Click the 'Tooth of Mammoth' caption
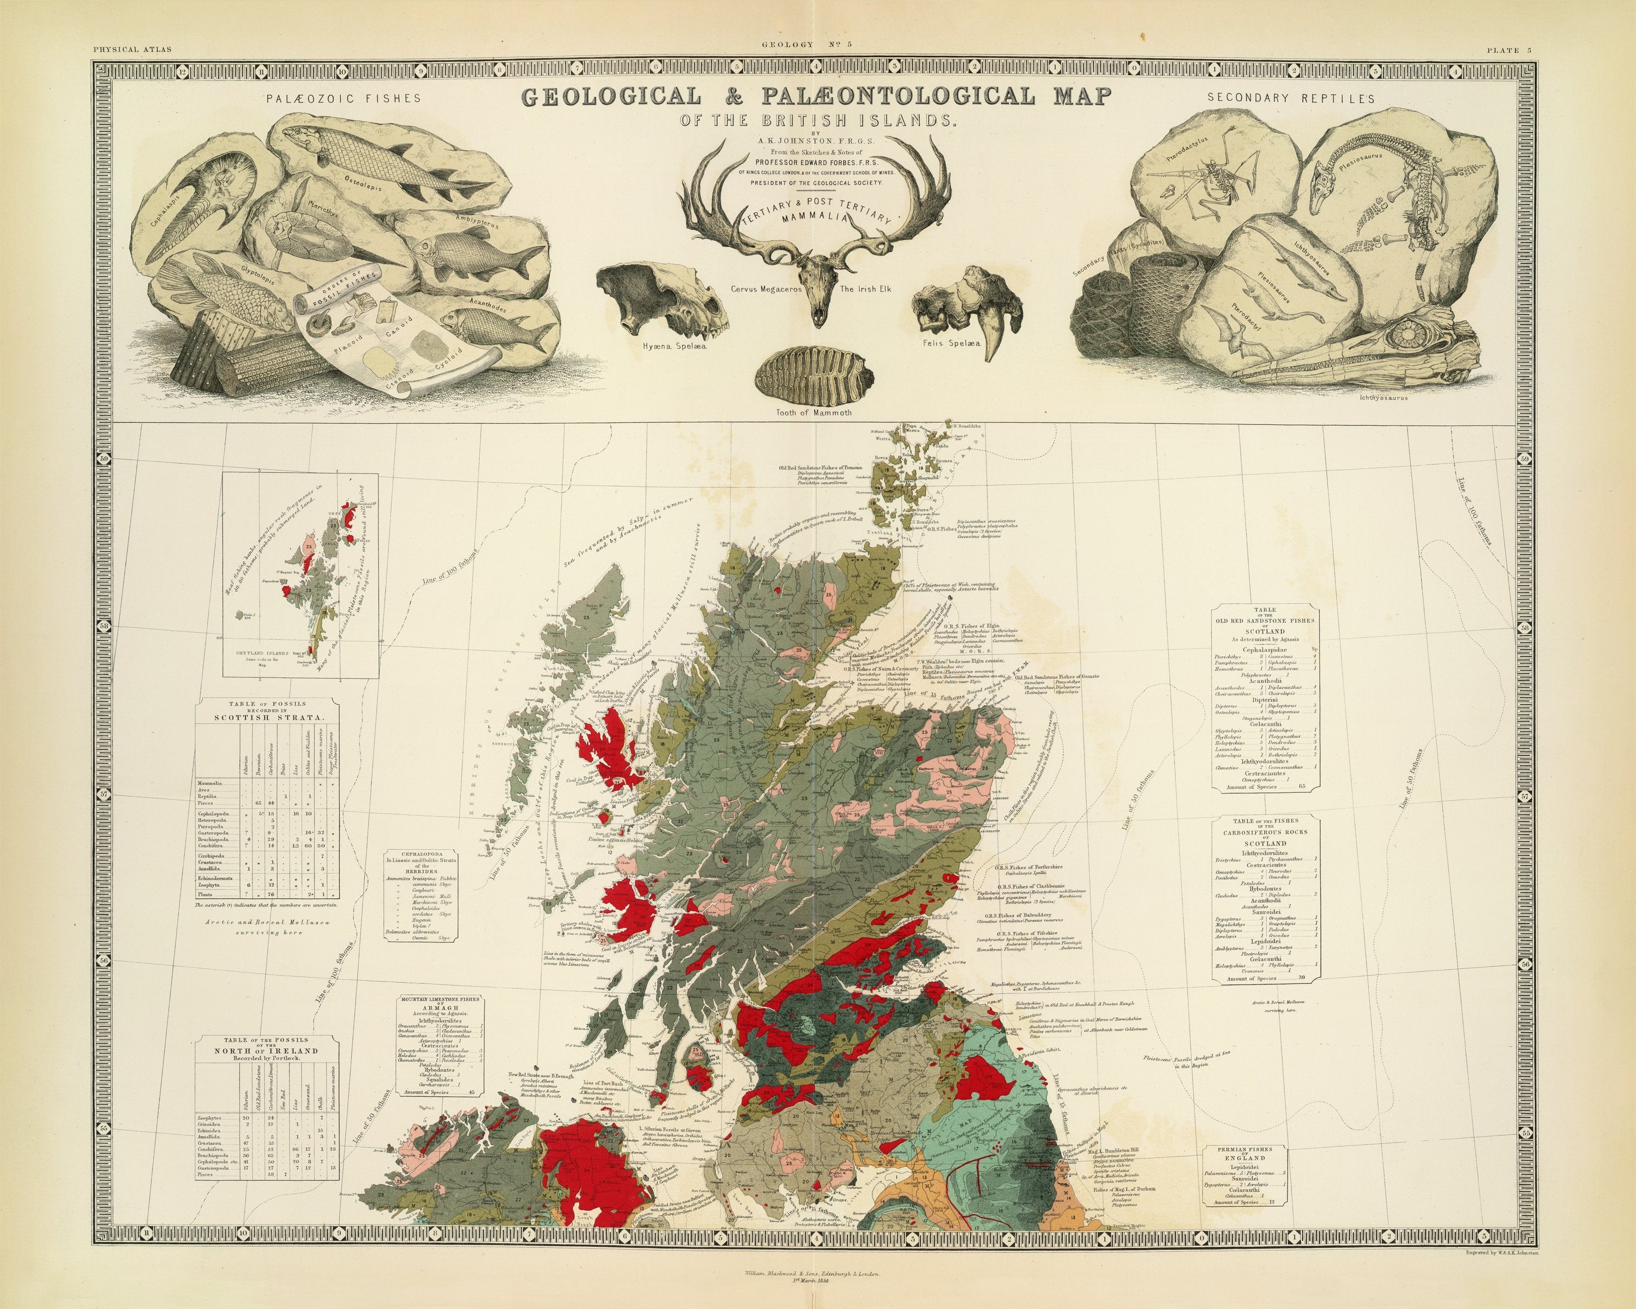[814, 413]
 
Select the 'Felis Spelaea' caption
[952, 343]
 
